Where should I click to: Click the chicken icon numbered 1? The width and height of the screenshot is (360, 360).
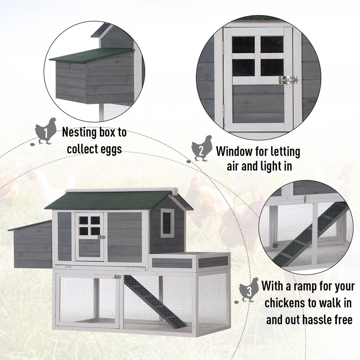click(45, 131)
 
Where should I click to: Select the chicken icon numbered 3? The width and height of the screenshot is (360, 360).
click(249, 290)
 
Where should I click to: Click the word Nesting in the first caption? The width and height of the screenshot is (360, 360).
click(79, 133)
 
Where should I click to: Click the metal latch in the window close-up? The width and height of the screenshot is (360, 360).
click(288, 80)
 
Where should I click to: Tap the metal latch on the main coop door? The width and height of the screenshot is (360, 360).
click(101, 237)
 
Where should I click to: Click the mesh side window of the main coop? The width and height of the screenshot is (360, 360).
click(167, 223)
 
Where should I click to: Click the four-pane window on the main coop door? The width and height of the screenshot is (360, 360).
click(90, 226)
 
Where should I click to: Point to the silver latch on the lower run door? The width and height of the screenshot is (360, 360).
click(117, 277)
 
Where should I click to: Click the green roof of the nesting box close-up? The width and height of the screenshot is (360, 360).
click(91, 54)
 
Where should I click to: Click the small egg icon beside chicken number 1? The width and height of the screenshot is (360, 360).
click(32, 145)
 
